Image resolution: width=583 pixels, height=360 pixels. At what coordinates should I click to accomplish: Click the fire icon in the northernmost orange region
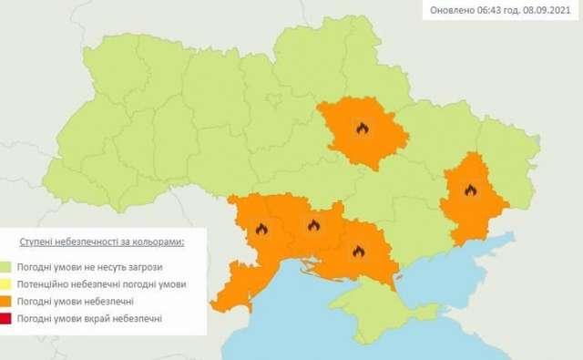362,129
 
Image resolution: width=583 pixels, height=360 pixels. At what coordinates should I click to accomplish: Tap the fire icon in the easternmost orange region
470,190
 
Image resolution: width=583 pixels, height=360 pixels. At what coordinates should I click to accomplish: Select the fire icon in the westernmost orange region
262,230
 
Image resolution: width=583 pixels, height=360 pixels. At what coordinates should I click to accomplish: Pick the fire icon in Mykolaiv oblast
313,225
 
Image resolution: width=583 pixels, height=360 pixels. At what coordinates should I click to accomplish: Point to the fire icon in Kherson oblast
358,251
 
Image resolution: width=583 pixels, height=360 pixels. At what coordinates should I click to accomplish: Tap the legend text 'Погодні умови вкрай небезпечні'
89,317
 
